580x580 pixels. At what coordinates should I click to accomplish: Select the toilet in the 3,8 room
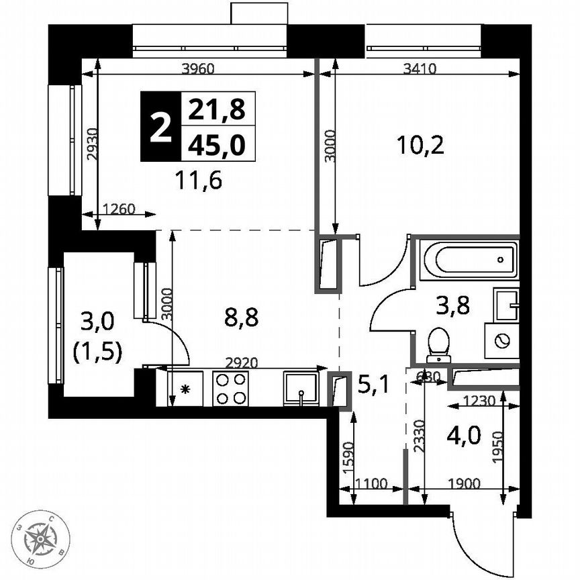point(440,340)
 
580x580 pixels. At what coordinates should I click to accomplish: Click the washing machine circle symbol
point(501,341)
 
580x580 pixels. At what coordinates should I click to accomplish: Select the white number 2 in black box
point(160,127)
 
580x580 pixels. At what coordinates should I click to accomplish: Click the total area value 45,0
point(217,144)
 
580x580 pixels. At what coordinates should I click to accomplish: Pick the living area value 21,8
point(217,108)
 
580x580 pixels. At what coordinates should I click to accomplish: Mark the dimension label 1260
point(120,209)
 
